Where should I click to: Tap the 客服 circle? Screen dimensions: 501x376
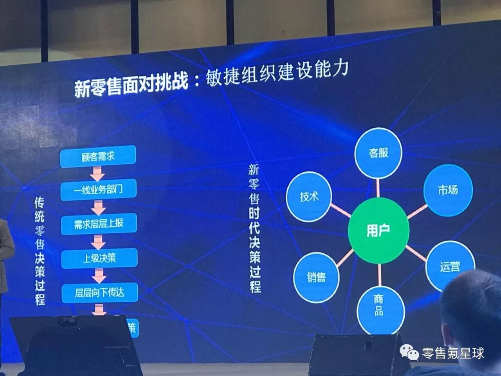tap(378, 153)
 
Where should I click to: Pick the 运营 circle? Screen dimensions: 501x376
tap(450, 267)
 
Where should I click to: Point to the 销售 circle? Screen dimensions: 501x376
tap(316, 277)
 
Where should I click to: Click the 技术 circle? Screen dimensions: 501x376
tap(309, 196)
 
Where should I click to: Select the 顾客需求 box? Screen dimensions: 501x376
tap(98, 156)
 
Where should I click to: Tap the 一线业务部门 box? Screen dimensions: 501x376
tap(98, 190)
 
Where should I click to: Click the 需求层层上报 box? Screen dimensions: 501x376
tap(99, 224)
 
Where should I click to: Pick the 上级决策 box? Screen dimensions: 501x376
tap(99, 258)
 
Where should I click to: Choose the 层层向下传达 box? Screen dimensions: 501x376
tap(100, 292)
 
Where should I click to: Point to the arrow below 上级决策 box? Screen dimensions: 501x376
tap(99, 275)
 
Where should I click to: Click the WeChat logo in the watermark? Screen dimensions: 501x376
tap(409, 354)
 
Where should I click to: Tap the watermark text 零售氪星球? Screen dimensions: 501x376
tap(453, 353)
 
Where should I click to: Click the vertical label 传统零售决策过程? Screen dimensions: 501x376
tap(40, 251)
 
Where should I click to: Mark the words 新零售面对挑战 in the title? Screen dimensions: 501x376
tap(132, 85)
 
